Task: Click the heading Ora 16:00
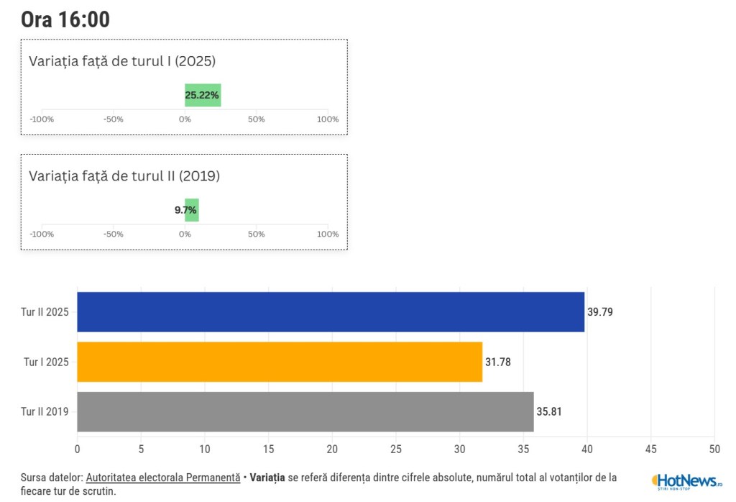tap(65, 19)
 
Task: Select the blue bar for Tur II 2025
tap(331, 312)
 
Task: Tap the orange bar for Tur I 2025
tap(280, 362)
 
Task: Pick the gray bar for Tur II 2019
tap(305, 412)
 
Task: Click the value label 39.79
tap(600, 312)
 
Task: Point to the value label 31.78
tap(498, 362)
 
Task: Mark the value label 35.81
tap(549, 412)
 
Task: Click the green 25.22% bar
tap(203, 95)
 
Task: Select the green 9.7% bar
tap(191, 210)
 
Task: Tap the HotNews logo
tap(686, 480)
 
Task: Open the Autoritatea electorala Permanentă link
tap(163, 478)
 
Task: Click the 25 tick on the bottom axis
tap(395, 449)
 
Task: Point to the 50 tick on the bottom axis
tap(714, 449)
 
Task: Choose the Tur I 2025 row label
tap(46, 362)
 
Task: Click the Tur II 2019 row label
tap(45, 412)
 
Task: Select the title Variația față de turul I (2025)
tap(122, 61)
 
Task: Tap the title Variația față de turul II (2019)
tap(124, 176)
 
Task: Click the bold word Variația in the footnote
tap(267, 478)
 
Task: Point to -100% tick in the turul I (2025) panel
tap(42, 119)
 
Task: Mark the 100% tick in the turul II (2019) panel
tap(328, 234)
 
